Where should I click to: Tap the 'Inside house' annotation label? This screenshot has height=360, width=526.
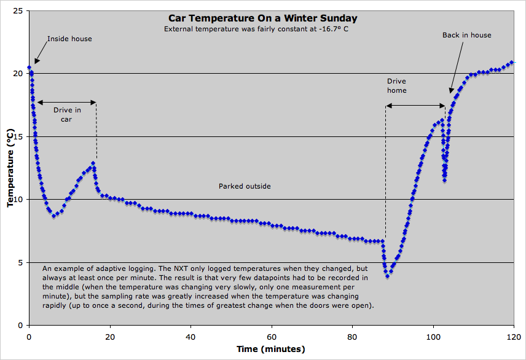coord(69,39)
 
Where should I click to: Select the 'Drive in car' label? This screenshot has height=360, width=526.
coord(67,115)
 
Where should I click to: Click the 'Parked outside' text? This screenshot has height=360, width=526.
coord(245,186)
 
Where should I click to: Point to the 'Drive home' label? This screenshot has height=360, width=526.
coord(396,86)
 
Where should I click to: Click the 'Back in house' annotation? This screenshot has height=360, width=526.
coord(466,35)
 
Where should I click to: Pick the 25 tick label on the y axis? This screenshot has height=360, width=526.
coord(18,11)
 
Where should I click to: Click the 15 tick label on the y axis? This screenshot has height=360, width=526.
coord(18,136)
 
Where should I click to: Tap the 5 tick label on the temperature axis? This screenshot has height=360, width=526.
coord(21,262)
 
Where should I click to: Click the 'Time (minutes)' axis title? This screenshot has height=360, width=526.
coord(271,349)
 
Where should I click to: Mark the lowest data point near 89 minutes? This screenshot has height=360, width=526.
coord(387,276)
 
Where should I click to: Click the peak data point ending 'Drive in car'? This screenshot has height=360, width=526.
coord(93,163)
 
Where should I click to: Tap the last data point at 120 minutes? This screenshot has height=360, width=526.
coord(511,62)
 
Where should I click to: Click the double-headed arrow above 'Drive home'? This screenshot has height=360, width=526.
coord(415,106)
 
